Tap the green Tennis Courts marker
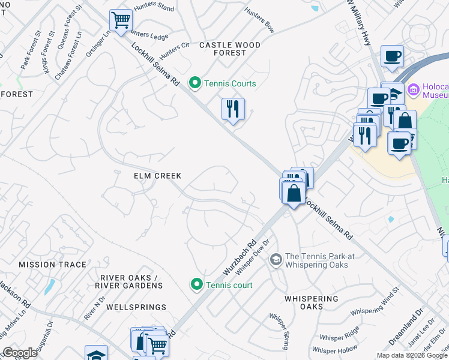point(194,83)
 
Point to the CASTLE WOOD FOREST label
point(230,49)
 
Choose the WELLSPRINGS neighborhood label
point(136,307)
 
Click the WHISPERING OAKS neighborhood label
point(312,302)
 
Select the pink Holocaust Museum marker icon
point(413,91)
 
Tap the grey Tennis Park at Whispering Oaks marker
point(276,260)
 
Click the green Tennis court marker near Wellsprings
point(196,284)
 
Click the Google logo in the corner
point(20,353)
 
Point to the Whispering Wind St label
point(375,304)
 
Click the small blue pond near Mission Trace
point(49,287)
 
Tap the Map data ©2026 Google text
point(411,355)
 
